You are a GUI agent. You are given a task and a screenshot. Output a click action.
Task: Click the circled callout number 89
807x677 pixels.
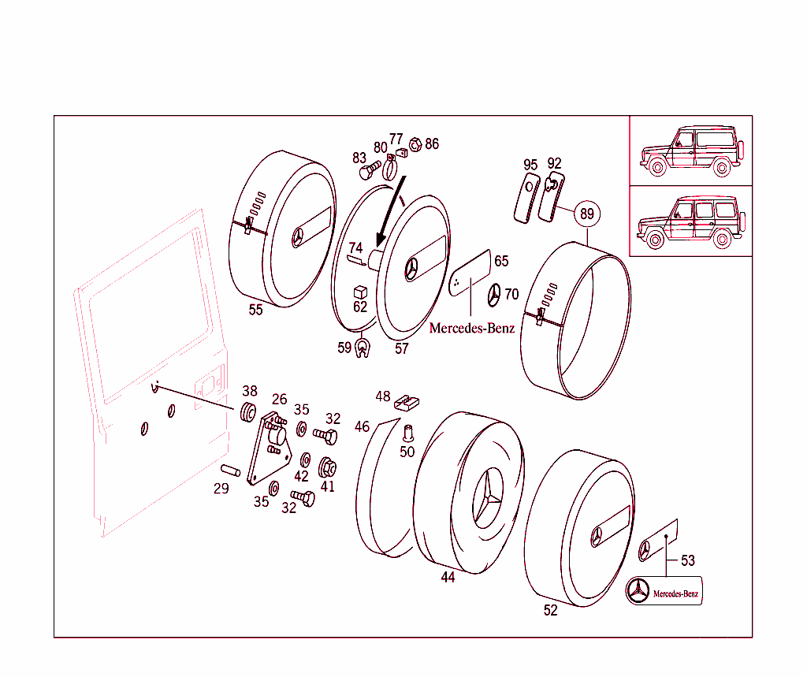point(586,214)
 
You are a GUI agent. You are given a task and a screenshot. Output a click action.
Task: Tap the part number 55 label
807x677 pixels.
point(255,310)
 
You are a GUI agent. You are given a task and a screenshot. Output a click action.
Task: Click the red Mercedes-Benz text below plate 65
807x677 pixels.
point(471,328)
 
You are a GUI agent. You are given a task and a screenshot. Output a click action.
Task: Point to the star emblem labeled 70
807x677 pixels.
point(493,294)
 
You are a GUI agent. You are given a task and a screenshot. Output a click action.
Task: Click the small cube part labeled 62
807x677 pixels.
point(360,292)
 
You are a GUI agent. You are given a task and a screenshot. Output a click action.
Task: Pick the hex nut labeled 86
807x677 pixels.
point(417,144)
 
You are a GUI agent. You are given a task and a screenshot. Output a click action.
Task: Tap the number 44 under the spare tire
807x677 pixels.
point(448,577)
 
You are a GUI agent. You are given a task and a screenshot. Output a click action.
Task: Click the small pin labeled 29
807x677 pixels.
point(229,471)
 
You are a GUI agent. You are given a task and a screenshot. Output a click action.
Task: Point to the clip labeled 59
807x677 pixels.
point(363,346)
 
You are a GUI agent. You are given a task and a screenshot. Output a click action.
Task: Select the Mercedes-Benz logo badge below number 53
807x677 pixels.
point(664,591)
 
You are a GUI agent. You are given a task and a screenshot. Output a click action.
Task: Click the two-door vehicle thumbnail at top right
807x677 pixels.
point(690,151)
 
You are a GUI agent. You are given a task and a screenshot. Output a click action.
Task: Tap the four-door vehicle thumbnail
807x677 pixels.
point(690,221)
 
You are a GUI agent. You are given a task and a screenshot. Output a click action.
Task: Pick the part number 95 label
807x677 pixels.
point(530,164)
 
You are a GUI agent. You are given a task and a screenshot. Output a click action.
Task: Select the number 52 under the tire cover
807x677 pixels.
point(550,610)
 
